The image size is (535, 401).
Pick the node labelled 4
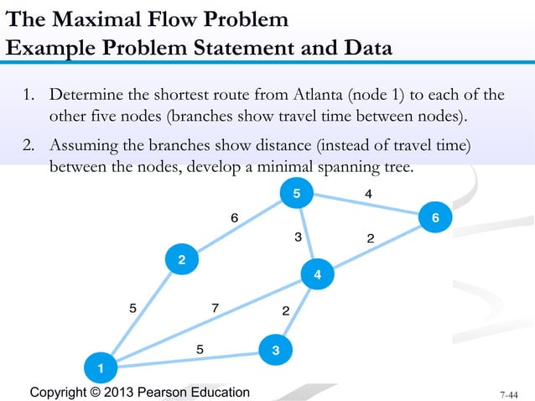pos(317,274)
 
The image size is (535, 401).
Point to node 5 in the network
pos(296,195)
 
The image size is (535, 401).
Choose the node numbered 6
pos(435,218)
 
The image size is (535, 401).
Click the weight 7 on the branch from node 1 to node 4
pos(216,308)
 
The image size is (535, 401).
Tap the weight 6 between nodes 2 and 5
pos(235,218)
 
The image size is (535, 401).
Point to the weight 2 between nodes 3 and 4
pos(286,312)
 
